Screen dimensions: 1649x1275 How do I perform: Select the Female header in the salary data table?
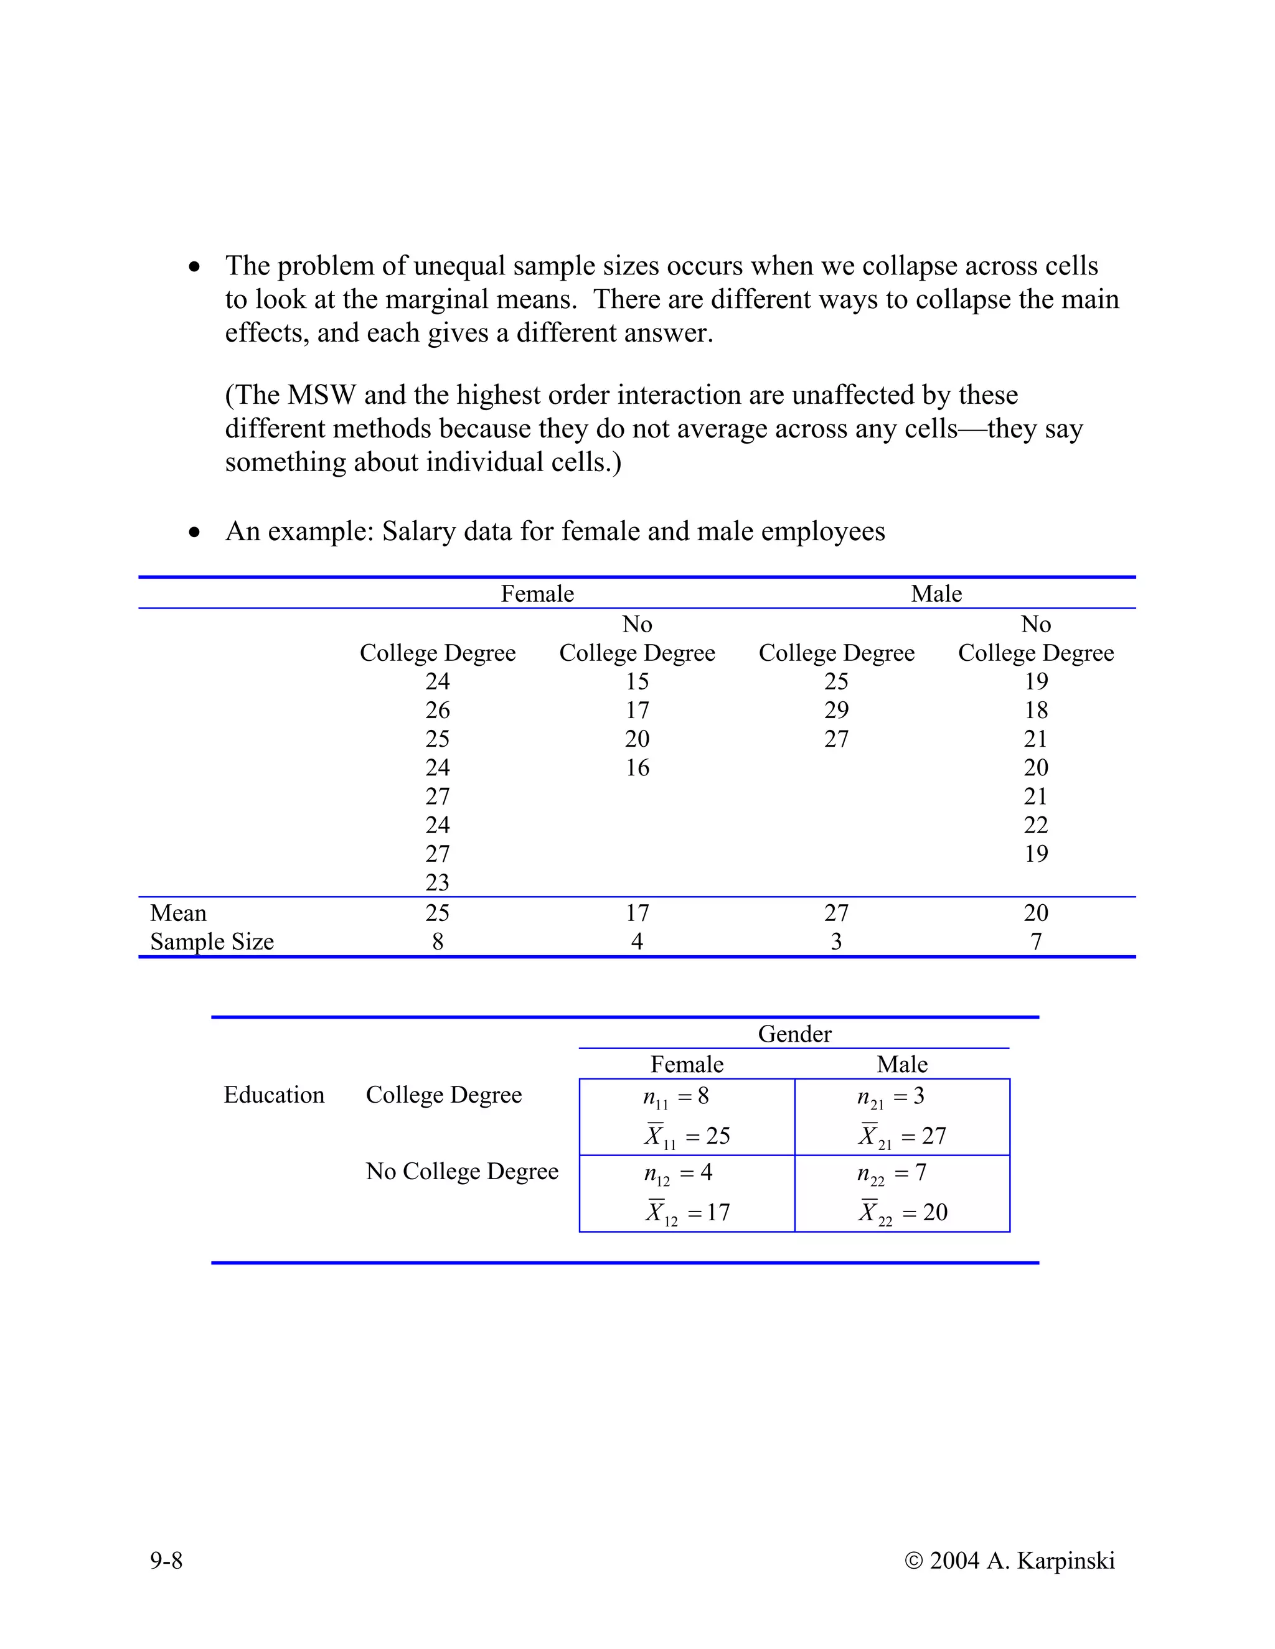tap(537, 594)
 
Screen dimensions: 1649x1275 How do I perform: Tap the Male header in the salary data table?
tap(936, 594)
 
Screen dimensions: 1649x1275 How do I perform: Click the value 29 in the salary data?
tap(836, 710)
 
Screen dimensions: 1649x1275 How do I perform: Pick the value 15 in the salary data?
tap(637, 681)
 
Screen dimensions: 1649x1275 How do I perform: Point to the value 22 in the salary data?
tap(1035, 824)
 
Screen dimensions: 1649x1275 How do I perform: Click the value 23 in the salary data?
tap(437, 882)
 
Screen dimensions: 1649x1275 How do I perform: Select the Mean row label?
tap(178, 913)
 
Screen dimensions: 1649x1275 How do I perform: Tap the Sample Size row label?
tap(212, 941)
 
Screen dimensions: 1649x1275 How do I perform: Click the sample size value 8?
tap(437, 941)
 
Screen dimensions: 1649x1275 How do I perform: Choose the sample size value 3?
tap(836, 941)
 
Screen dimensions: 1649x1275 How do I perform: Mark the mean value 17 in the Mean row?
tap(637, 913)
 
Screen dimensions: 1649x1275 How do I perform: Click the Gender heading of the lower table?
tap(794, 1034)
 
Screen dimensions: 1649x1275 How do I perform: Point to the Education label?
tap(273, 1095)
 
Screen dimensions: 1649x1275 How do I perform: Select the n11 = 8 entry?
tap(676, 1097)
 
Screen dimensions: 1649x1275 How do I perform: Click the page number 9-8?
tap(166, 1560)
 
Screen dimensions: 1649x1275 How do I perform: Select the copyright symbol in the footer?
tap(914, 1561)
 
